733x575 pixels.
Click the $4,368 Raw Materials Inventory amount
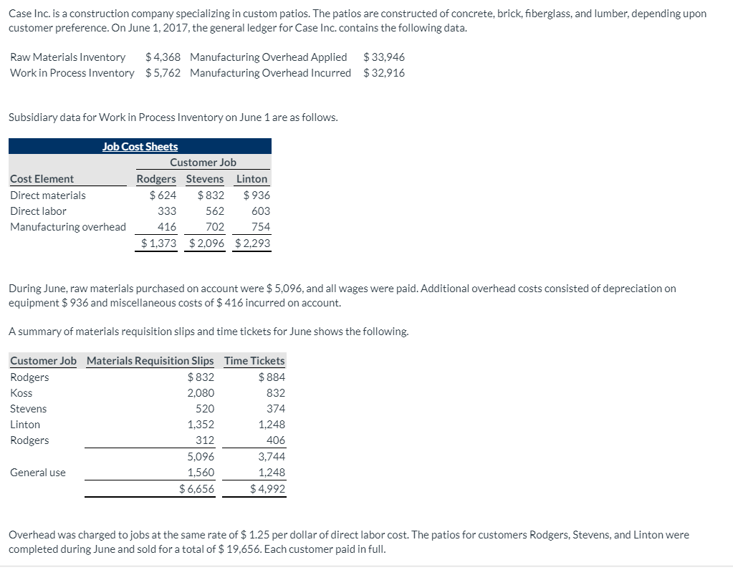coord(163,57)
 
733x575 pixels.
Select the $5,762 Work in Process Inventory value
coord(163,73)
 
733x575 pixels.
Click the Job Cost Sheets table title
coord(140,147)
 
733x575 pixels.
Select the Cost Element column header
coord(42,179)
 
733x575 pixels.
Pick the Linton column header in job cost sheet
coord(251,179)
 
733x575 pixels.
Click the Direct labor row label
coord(38,211)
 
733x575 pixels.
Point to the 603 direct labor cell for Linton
coord(261,211)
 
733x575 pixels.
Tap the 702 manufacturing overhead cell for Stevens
coord(214,227)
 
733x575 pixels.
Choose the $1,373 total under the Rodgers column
coord(158,243)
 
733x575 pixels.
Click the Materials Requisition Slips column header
coord(150,361)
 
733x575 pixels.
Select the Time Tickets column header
coord(254,361)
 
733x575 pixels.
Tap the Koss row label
coord(21,393)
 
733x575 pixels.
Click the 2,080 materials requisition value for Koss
coord(200,393)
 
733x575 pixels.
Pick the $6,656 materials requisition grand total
coord(196,489)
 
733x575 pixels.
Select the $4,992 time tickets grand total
coord(267,489)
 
